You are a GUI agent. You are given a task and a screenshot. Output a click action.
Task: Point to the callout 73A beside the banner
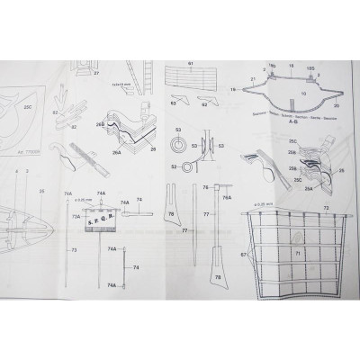pos(76,216)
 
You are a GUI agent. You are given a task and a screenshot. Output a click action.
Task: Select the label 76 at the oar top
pos(204,188)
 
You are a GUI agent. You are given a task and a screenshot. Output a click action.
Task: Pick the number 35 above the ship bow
pos(41,193)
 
